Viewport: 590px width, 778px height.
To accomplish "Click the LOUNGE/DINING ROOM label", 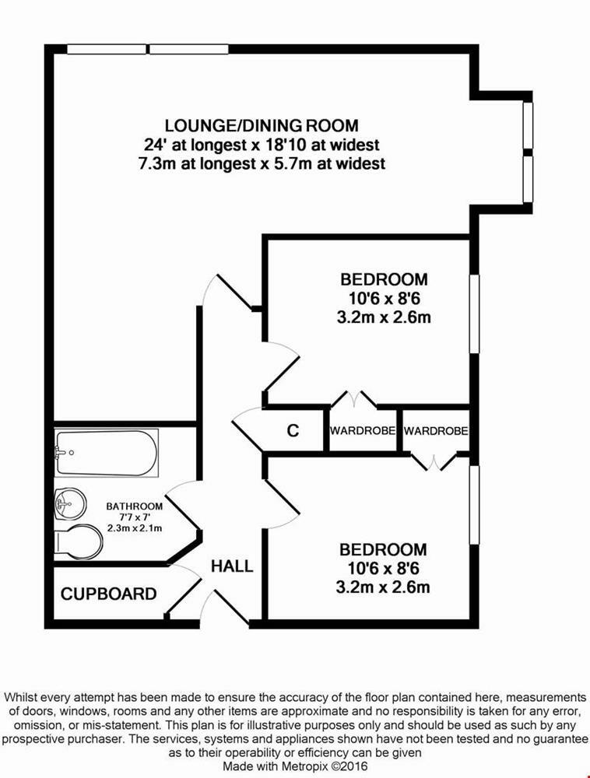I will click(x=262, y=125).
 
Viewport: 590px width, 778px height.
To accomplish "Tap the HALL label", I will click(x=232, y=566).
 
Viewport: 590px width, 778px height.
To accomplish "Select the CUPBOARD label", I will click(x=108, y=594).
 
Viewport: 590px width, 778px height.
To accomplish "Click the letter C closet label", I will click(x=293, y=430).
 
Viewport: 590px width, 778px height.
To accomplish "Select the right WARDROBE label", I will click(x=435, y=430).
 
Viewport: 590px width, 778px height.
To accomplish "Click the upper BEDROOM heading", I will click(x=384, y=279).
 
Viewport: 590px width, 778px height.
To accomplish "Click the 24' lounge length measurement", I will click(x=154, y=145).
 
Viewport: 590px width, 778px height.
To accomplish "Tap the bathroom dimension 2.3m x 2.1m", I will click(x=134, y=528).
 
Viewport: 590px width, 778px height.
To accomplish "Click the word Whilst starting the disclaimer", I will click(x=24, y=697).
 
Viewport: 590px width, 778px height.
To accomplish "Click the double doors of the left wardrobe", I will click(x=354, y=398).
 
